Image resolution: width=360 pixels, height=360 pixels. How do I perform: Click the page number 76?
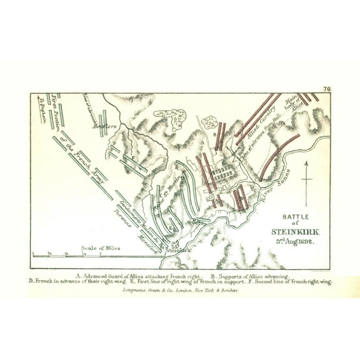326,89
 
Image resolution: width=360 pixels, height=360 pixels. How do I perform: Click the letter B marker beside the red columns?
214,133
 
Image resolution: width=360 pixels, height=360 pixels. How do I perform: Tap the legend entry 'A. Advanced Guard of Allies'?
137,276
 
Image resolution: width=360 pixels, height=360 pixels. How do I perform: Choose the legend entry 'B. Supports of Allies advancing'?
249,276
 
